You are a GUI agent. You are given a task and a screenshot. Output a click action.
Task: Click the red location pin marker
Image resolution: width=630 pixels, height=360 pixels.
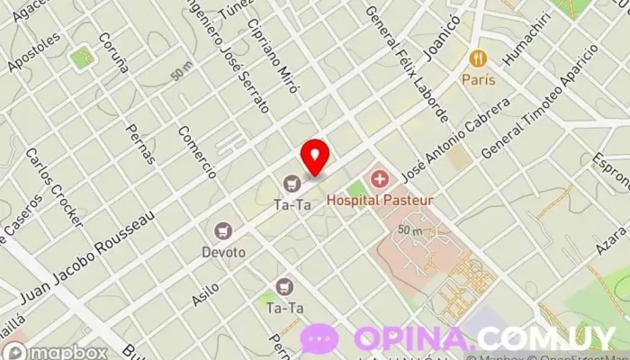point(314,157)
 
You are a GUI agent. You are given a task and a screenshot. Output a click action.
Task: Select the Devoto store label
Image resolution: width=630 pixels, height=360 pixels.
point(224,252)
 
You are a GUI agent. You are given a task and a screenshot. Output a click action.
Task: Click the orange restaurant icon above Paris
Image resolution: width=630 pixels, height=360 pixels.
point(478,58)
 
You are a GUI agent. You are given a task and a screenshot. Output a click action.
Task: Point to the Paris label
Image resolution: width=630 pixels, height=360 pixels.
point(479,78)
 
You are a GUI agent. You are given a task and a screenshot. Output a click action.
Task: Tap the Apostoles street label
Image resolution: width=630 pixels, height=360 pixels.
point(35,51)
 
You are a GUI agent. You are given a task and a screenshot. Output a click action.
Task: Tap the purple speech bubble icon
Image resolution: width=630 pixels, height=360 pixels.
point(319,339)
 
